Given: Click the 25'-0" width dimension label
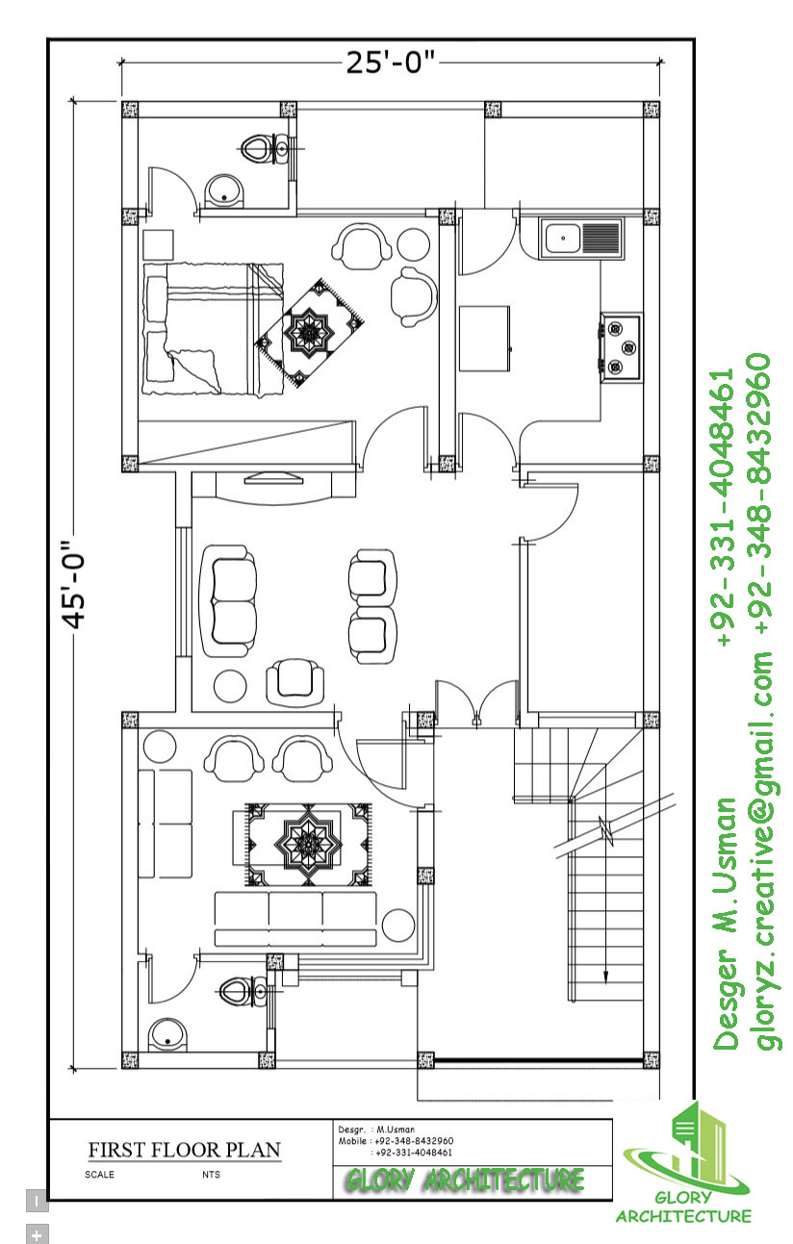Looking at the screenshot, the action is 390,63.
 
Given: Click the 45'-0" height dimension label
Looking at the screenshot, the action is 74,584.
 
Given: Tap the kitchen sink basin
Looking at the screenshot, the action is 563,239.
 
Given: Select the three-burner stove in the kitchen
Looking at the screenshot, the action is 622,347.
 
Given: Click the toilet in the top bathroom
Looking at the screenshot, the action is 267,149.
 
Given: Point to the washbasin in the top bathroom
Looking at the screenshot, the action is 225,191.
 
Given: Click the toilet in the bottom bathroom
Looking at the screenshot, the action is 244,991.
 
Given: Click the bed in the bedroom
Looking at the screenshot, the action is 214,329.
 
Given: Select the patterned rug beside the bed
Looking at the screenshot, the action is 309,333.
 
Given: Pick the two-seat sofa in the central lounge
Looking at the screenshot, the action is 229,601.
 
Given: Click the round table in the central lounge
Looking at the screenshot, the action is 230,687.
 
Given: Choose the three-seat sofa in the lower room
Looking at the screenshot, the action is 295,919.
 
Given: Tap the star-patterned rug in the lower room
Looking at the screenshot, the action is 308,844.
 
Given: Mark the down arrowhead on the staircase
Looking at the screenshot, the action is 606,979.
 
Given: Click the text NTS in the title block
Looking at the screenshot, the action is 211,1175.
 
